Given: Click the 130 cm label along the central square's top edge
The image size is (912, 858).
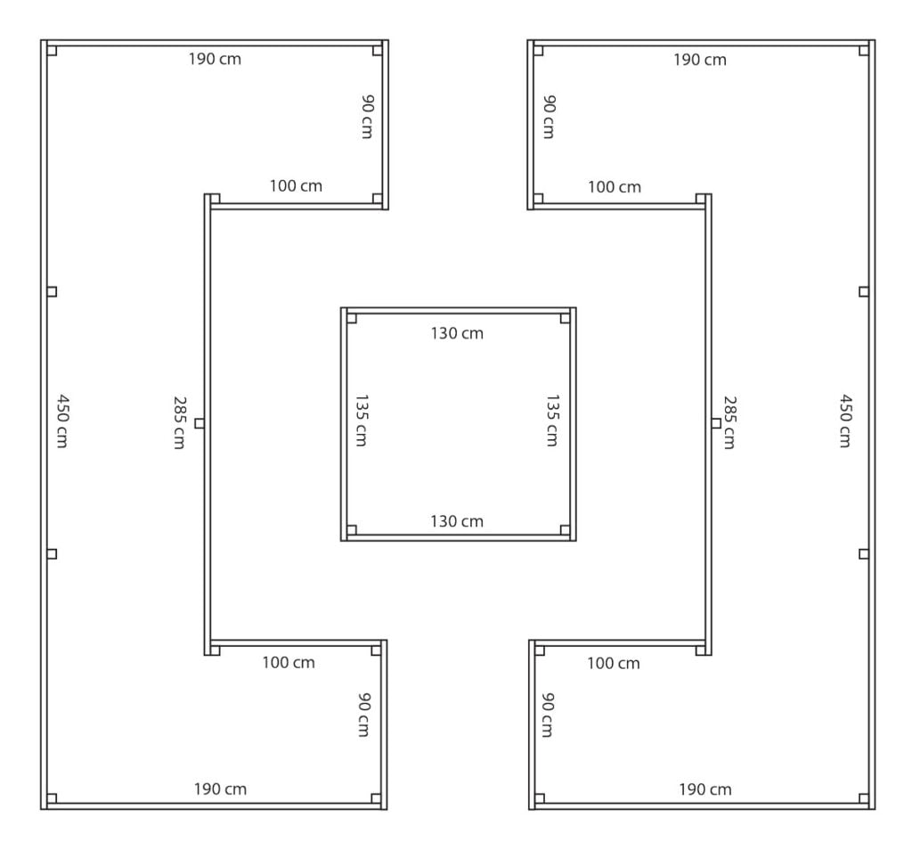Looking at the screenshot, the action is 457,333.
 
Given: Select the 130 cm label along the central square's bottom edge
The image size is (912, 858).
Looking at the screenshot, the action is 457,521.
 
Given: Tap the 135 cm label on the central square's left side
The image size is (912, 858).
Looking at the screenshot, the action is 362,420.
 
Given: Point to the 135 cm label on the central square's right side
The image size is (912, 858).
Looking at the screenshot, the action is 552,420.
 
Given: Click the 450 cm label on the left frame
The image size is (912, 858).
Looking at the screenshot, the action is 62,421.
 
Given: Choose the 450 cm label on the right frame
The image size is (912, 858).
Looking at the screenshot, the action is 845,421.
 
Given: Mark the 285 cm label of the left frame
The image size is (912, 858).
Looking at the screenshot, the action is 179,423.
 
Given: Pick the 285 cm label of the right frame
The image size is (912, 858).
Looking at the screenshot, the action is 729,423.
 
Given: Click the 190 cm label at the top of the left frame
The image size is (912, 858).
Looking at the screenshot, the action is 215,59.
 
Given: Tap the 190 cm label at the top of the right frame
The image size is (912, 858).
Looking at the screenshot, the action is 700,60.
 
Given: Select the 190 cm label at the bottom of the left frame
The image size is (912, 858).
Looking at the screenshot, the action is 220,789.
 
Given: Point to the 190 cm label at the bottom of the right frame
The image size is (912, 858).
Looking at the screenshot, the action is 705,789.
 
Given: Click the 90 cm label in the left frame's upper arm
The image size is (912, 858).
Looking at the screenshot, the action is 368,117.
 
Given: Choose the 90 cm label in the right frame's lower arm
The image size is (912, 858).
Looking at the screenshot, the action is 548,715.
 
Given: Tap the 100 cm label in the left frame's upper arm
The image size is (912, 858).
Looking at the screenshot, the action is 296,186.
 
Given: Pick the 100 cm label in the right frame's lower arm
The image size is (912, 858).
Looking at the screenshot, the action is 613,663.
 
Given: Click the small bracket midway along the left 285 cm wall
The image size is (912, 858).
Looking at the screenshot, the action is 199,423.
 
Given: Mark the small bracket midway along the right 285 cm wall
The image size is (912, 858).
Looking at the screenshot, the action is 716,423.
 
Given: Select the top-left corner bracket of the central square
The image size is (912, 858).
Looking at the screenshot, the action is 351,318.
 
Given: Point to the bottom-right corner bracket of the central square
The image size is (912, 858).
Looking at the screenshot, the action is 565,530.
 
